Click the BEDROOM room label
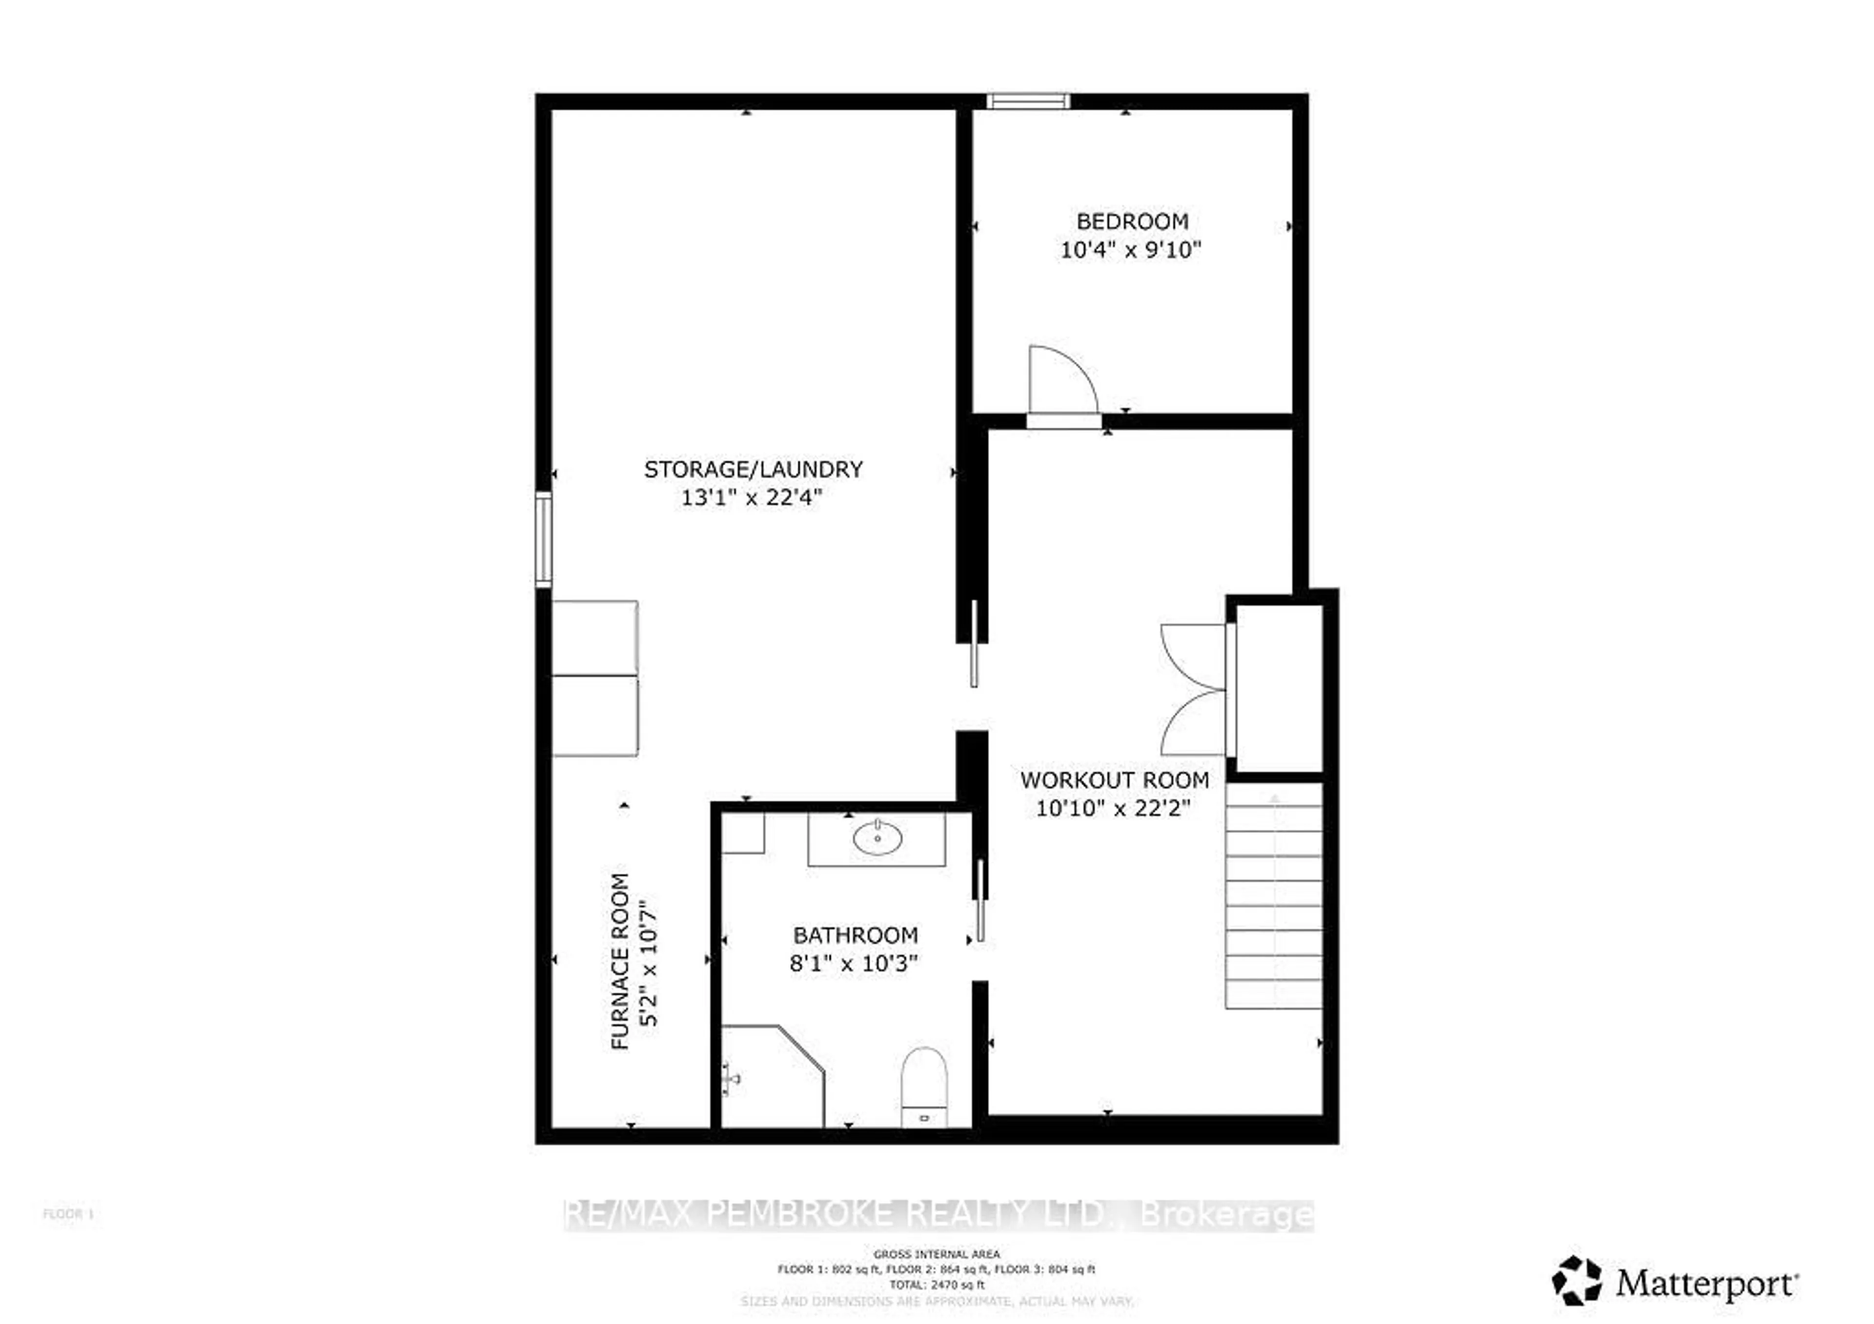tap(1131, 221)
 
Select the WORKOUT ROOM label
tap(1114, 780)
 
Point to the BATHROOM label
tap(855, 935)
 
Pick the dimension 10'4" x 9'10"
tap(1131, 250)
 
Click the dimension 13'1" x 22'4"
tap(752, 497)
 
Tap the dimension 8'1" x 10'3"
tap(854, 964)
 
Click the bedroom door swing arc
tap(1061, 379)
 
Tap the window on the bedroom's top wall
tap(1028, 101)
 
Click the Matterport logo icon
tap(1576, 1280)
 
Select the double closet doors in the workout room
tap(1193, 690)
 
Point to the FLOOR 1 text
tap(68, 1214)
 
